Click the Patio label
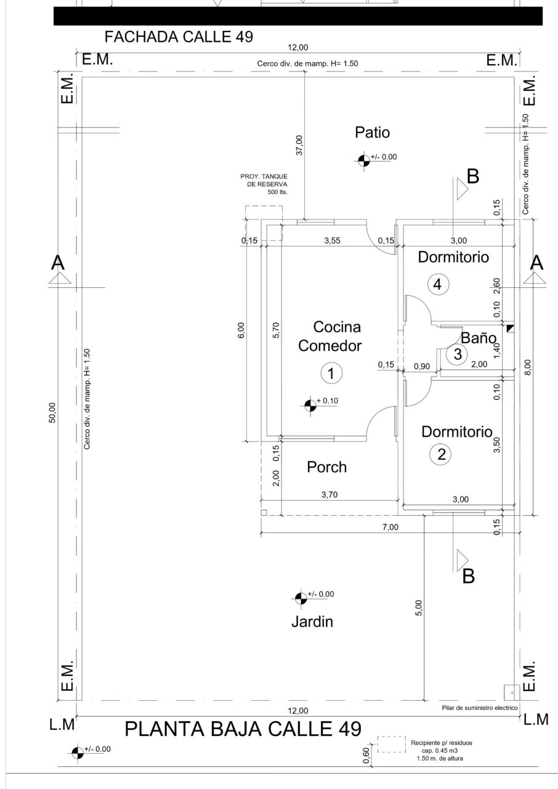pos(372,133)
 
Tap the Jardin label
pos(312,622)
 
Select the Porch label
pos(327,467)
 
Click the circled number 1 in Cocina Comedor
pos(331,373)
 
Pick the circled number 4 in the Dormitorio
pos(438,284)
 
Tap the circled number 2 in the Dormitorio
pos(440,454)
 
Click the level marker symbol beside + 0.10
pos(310,406)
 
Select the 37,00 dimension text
pos(299,145)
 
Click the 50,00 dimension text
pos(52,412)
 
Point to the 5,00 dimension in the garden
pos(418,608)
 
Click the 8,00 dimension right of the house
pos(528,367)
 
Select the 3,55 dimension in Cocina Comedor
pos(332,240)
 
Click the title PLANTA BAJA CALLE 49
pos(243,729)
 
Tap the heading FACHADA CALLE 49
pos(179,36)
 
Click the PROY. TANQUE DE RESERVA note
pos(264,184)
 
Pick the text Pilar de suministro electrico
pos(480,708)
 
